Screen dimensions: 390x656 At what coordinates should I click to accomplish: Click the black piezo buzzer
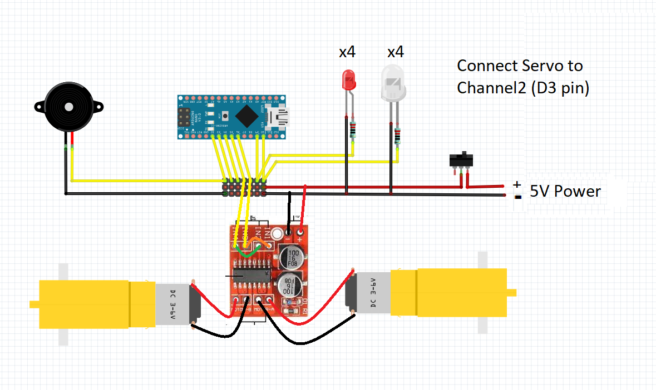(68, 107)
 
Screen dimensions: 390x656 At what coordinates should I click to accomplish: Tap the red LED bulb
(349, 82)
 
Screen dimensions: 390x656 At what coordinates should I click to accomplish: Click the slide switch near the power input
(461, 160)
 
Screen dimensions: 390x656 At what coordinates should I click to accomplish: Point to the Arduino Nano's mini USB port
(277, 117)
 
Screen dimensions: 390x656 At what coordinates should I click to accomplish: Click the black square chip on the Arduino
(246, 117)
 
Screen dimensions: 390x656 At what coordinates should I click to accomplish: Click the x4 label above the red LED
(347, 52)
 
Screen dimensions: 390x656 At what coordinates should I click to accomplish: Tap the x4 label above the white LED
(396, 52)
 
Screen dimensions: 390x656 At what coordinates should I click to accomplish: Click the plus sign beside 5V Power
(517, 184)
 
